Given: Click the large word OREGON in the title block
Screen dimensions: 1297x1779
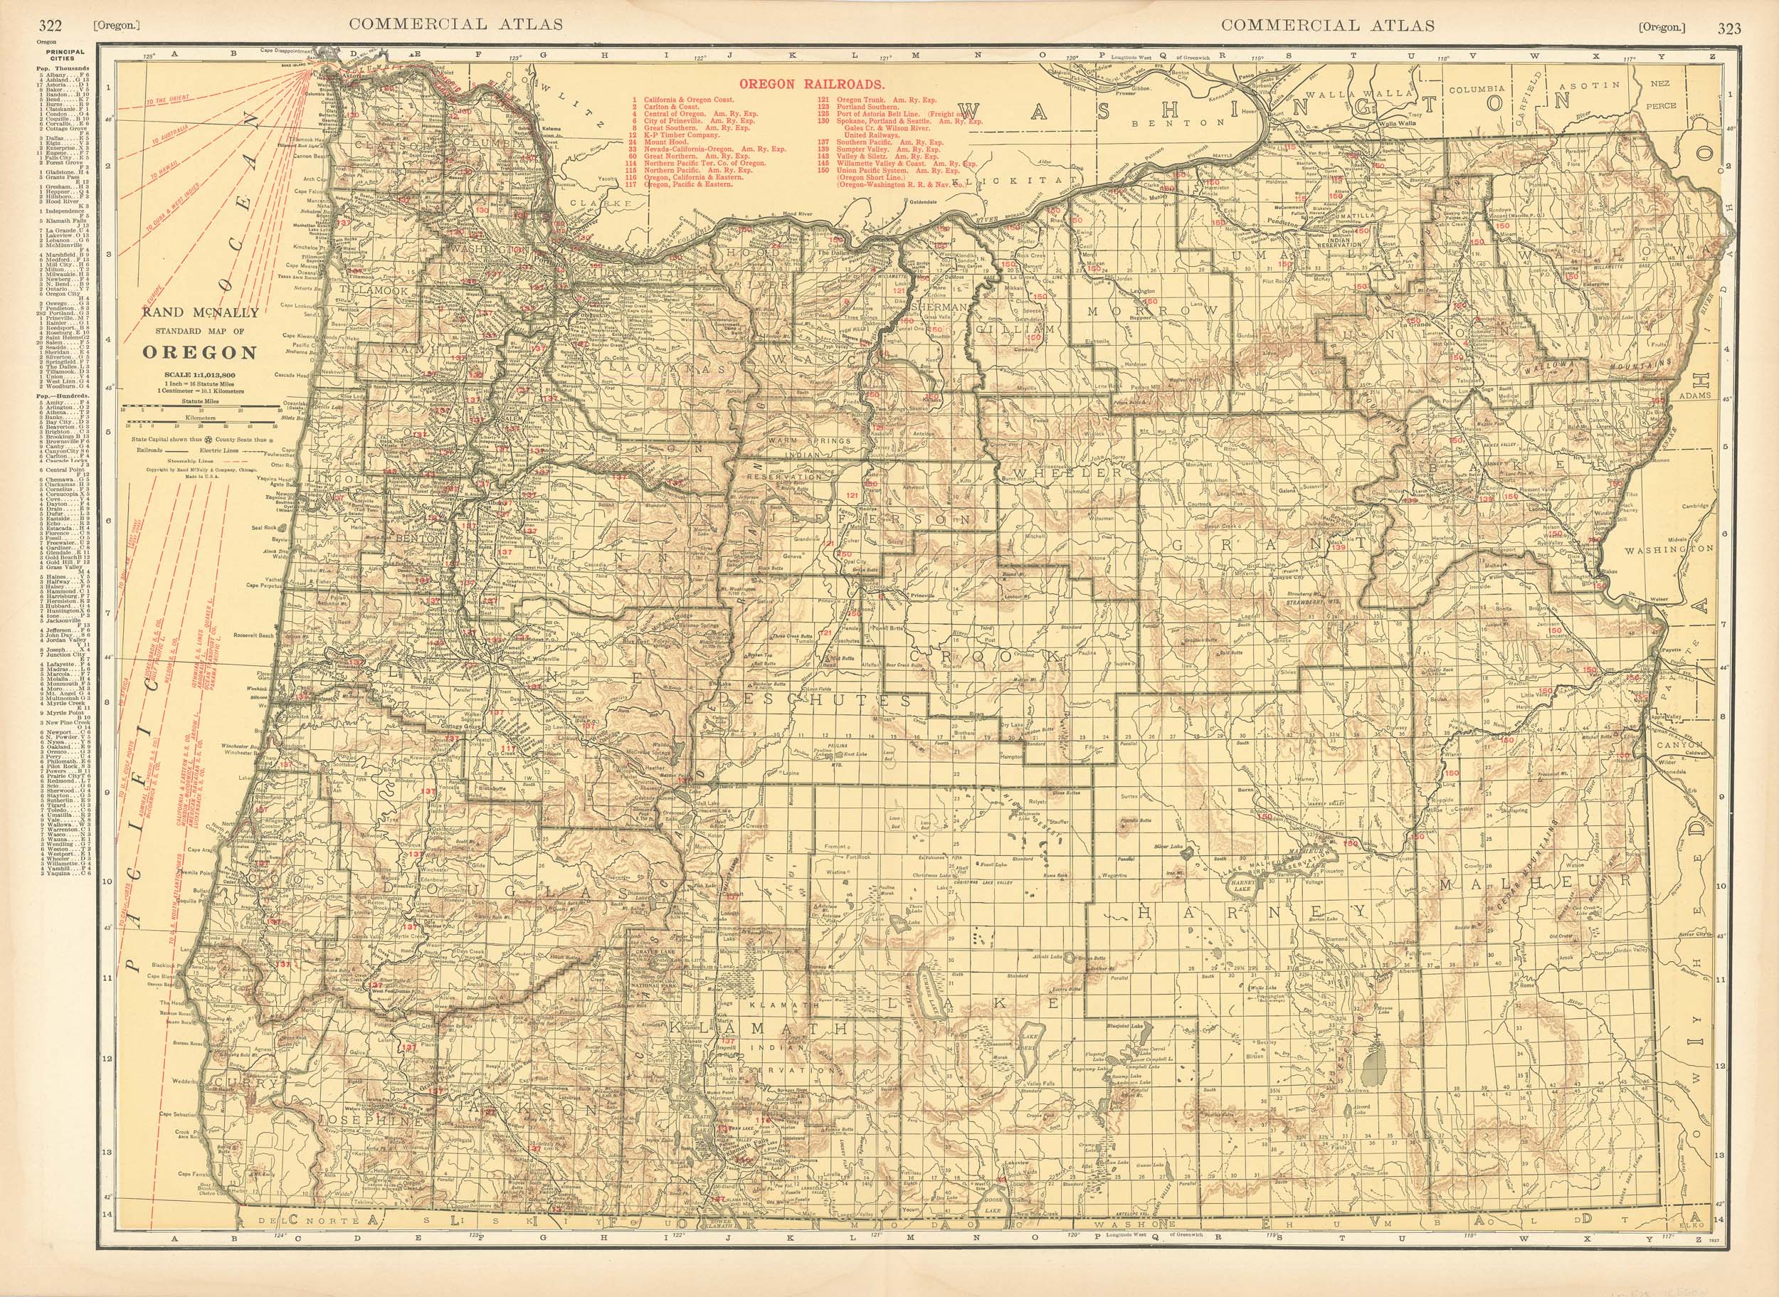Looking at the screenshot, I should (199, 352).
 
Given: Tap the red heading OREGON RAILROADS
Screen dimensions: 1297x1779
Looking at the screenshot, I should (812, 83).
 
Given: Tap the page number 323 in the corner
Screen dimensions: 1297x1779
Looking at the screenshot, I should (1728, 29).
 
